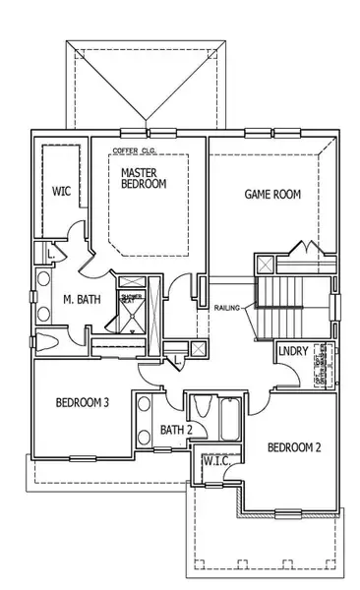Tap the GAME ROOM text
click(272, 195)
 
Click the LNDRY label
click(292, 352)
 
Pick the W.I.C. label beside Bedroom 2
click(215, 460)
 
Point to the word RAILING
click(228, 308)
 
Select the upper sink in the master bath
click(44, 287)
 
